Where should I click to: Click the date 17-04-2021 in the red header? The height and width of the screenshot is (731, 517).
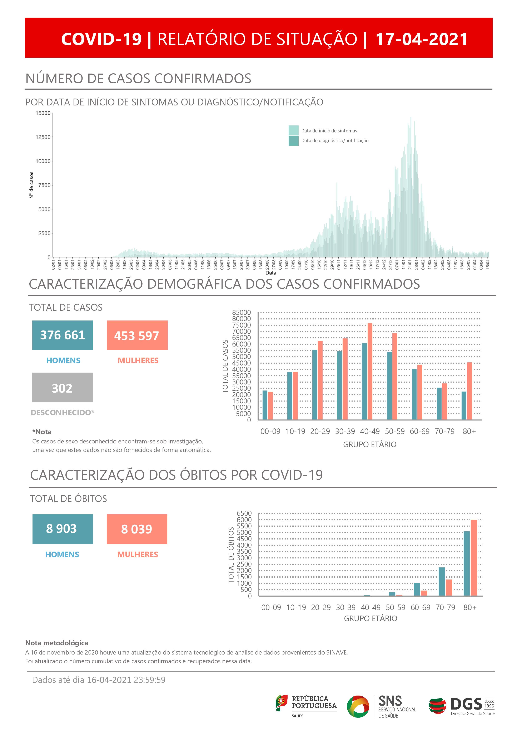coord(421,39)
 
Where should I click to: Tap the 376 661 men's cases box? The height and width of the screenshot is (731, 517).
coord(62,335)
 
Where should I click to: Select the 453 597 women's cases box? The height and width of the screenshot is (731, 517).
coord(137,335)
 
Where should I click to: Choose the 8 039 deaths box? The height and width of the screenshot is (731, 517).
coord(137,529)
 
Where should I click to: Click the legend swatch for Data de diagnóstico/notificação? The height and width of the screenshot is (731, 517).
coord(293,141)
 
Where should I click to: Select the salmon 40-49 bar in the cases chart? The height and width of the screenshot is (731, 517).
coord(370,371)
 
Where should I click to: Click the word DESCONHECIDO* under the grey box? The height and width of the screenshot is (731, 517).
coord(62,413)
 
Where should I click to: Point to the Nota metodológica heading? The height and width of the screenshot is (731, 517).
coord(57,643)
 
